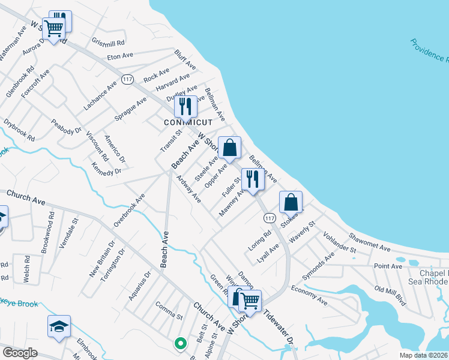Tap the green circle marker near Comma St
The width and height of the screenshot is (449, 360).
coord(179,344)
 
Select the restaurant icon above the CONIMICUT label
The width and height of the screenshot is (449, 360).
coord(185,107)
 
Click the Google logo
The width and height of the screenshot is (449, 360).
coord(20,353)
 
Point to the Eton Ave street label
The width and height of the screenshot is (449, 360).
coord(119,56)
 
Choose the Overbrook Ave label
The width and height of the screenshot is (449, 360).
coord(130,210)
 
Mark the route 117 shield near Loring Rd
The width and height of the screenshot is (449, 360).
coord(269,218)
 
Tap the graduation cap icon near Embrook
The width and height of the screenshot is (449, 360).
coord(59,326)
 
